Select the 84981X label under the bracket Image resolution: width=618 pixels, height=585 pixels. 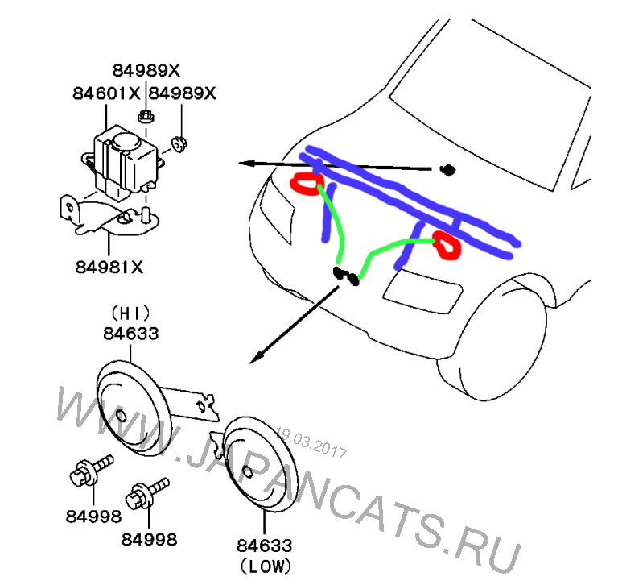(x=110, y=266)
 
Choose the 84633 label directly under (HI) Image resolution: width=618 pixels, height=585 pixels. (x=130, y=331)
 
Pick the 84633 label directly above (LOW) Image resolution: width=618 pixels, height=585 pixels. (x=264, y=546)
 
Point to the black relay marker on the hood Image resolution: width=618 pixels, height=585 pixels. (x=447, y=169)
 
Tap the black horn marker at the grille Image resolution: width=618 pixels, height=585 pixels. (x=347, y=276)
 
